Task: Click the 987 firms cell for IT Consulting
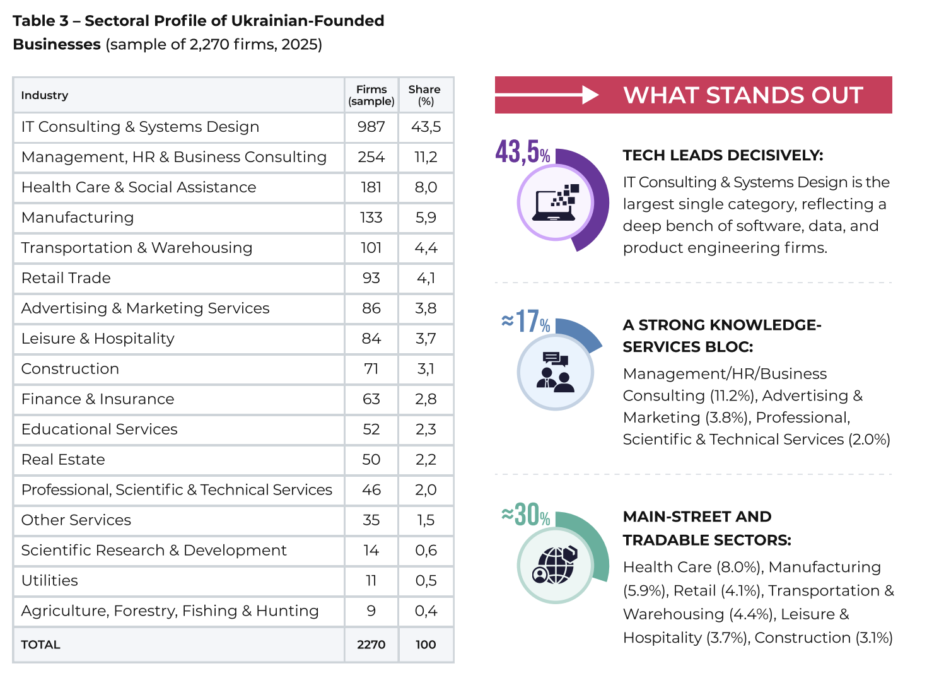(371, 127)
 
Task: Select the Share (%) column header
(424, 95)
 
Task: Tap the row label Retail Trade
(66, 278)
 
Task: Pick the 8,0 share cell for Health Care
(426, 187)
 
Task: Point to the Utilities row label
(50, 581)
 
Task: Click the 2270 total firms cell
(371, 645)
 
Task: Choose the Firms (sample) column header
(371, 95)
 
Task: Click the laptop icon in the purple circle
(555, 202)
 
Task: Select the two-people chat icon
(555, 372)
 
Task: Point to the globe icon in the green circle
(555, 565)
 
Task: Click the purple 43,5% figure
(522, 152)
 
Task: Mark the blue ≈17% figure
(526, 322)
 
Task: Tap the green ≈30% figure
(526, 515)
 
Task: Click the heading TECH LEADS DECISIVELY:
(723, 155)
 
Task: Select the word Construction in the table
(70, 369)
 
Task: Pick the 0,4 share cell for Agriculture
(426, 611)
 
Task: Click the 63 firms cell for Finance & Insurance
(371, 399)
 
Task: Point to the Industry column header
(44, 95)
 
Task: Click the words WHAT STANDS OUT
(743, 95)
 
